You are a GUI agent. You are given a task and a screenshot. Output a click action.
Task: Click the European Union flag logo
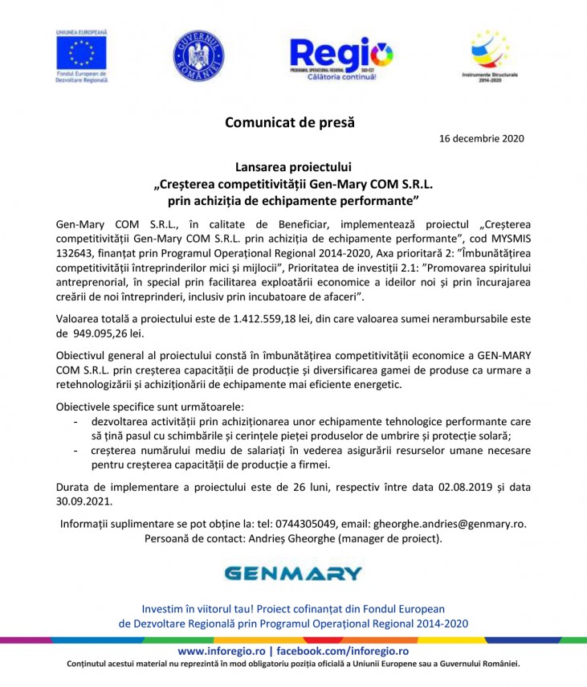(81, 53)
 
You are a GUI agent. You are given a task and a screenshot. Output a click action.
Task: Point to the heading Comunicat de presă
(289, 123)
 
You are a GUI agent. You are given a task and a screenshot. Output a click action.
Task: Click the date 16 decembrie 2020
(482, 139)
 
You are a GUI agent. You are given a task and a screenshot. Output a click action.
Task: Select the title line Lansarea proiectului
(293, 167)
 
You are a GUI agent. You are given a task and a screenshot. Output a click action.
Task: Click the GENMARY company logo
(293, 573)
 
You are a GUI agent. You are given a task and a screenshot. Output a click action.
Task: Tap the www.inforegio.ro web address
(221, 651)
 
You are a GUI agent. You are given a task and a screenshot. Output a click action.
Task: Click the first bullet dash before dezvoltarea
(75, 421)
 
